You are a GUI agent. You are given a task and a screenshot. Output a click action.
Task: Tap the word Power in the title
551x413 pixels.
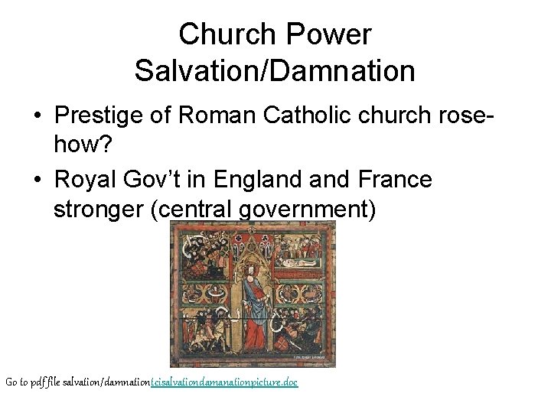coord(334,34)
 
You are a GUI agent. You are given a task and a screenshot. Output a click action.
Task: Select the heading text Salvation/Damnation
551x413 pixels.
coord(275,71)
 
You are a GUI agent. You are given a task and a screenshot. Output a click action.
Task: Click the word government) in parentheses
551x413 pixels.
coord(311,209)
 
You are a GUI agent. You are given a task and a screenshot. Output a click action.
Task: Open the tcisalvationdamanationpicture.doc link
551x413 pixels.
coord(224,381)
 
